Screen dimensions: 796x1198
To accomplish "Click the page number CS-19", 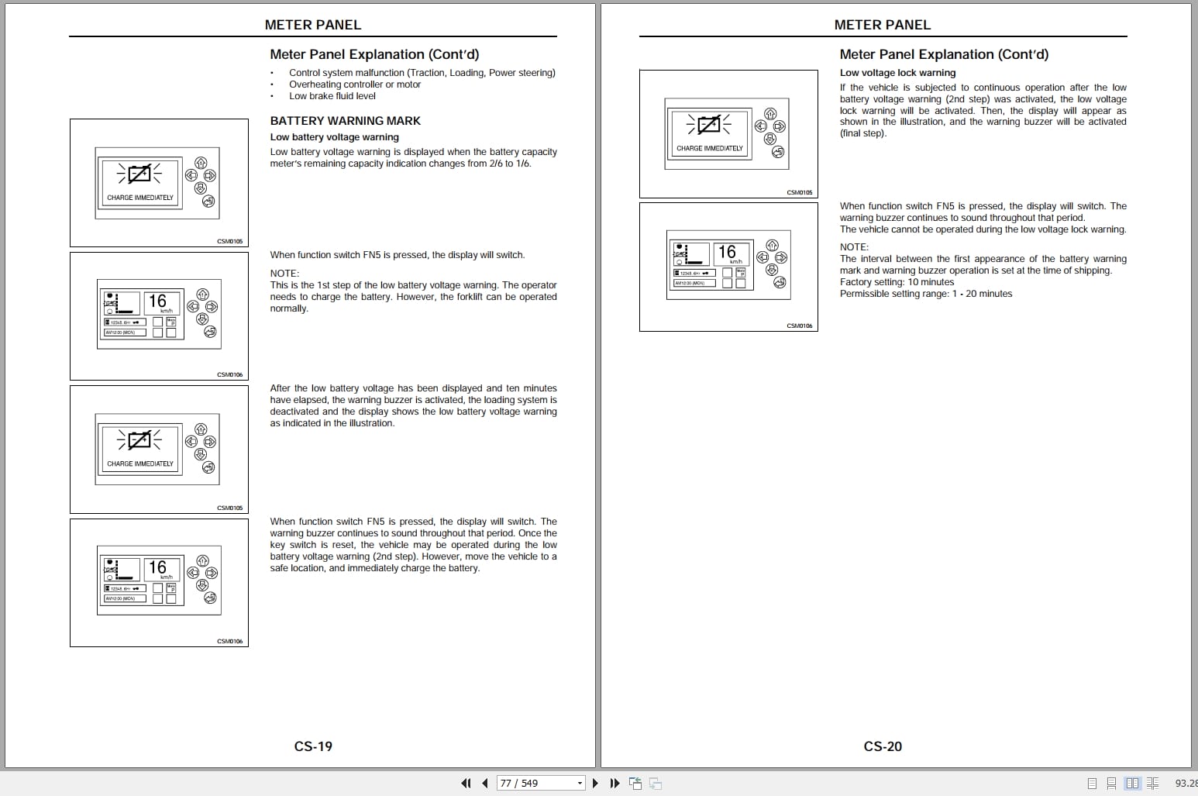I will tap(313, 746).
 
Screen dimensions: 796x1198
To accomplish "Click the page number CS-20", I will tap(883, 746).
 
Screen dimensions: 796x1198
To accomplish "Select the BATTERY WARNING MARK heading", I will tap(345, 121).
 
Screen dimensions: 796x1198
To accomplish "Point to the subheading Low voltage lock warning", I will tap(897, 73).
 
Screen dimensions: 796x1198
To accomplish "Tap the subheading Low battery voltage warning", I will tap(334, 137).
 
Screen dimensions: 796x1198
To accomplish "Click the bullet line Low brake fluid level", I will tap(332, 96).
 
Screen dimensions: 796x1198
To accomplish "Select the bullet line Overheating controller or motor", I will tap(355, 84).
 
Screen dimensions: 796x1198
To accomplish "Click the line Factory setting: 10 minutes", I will tap(897, 282).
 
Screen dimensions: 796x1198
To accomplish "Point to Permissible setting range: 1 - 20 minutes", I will tap(925, 294).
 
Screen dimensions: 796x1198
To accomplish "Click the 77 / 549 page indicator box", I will tap(535, 783).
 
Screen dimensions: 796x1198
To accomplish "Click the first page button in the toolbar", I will tap(466, 783).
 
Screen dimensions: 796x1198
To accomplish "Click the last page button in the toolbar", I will tap(614, 783).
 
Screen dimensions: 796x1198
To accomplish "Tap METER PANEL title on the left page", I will tap(313, 25).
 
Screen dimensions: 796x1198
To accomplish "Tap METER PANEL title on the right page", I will tap(882, 25).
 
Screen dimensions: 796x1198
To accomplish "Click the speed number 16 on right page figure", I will tap(727, 252).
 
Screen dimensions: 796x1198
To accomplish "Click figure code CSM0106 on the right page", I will tap(800, 326).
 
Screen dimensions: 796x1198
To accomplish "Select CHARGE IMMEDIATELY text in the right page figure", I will tap(709, 148).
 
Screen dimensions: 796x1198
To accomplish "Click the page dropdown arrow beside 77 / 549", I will tap(580, 784).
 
